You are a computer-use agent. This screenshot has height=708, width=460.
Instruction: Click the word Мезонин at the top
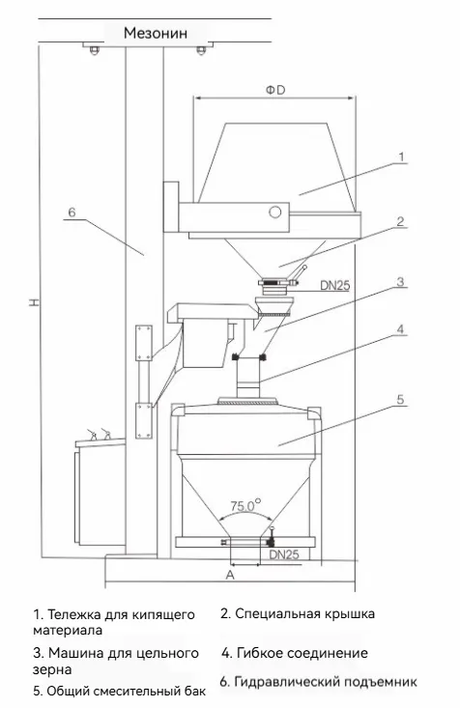point(156,33)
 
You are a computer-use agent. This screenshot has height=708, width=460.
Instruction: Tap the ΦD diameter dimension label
point(275,90)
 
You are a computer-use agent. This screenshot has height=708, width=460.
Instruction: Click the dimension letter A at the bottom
point(230,575)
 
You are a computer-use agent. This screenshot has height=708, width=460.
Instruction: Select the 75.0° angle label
point(245,505)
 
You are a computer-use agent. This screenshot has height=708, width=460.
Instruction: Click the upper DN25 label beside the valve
point(334,285)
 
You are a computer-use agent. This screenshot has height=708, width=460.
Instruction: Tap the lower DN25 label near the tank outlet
point(284,554)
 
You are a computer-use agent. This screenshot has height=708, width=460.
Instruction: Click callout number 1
point(401,156)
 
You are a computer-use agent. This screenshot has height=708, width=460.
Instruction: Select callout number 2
point(400,221)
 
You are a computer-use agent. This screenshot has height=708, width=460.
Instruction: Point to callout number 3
point(400,282)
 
